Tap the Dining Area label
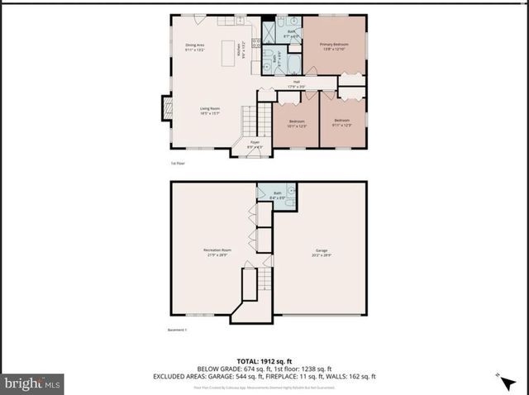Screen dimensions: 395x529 coord(194,47)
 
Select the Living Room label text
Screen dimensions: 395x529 coord(209,110)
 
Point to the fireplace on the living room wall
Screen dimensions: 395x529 coord(166,107)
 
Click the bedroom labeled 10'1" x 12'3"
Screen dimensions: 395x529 coord(297,124)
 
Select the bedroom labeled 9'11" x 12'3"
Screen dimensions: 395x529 coord(342,124)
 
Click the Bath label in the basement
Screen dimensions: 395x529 coord(277,195)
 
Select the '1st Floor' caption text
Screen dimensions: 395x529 coord(179,164)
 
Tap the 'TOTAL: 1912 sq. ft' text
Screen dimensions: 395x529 coord(264,360)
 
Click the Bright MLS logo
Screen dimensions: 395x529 coord(33,383)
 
